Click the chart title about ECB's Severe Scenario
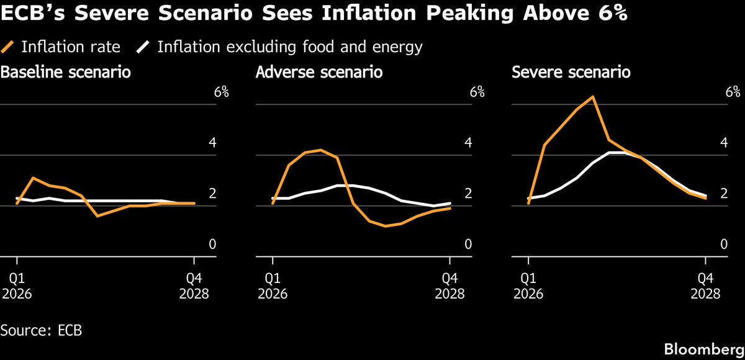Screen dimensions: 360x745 click(x=314, y=14)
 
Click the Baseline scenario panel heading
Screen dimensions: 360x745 click(x=66, y=73)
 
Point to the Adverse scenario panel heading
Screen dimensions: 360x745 click(x=319, y=73)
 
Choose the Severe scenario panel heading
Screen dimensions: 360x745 click(x=571, y=73)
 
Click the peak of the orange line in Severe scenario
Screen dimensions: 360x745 click(x=593, y=97)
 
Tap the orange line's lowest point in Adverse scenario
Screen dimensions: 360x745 click(x=386, y=226)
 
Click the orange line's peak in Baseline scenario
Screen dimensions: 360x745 click(x=33, y=178)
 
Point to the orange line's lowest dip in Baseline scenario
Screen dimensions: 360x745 click(x=97, y=215)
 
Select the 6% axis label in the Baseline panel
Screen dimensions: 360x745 click(x=221, y=92)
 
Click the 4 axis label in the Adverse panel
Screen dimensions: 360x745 click(x=468, y=143)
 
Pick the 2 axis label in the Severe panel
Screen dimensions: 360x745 click(x=724, y=194)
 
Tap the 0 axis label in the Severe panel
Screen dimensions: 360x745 click(x=724, y=245)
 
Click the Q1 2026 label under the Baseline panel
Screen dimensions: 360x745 click(x=17, y=286)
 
